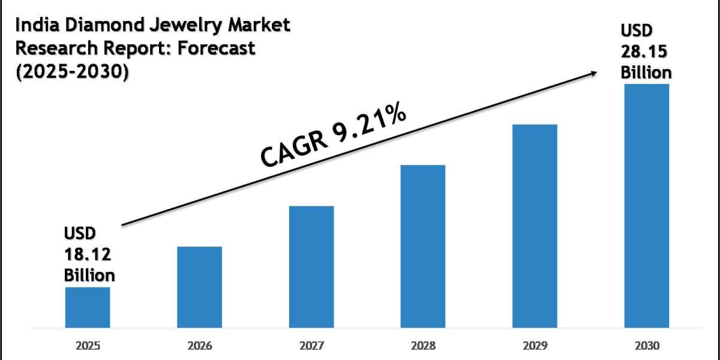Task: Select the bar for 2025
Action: coord(87,307)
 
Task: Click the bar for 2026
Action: coord(199,287)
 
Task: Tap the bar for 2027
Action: coord(311,266)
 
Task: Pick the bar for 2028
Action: coord(423,246)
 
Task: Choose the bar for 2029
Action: coord(535,226)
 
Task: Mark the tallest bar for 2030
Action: coord(646,205)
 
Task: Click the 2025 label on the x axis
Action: coord(87,346)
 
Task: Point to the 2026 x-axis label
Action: coord(199,346)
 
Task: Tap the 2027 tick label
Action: coord(311,346)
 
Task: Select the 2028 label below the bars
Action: coord(423,346)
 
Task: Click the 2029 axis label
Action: coord(535,346)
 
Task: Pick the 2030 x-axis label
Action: coord(646,346)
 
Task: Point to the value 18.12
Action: coord(88,254)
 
